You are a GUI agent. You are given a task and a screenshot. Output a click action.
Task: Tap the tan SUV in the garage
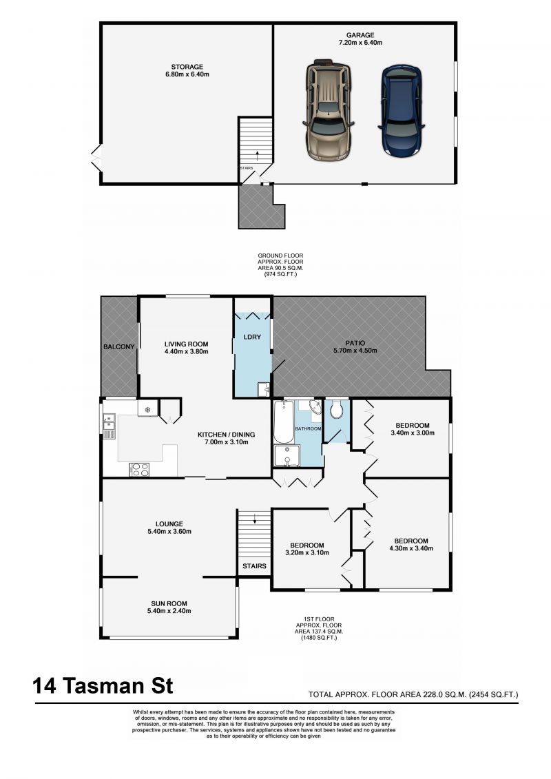(x=328, y=108)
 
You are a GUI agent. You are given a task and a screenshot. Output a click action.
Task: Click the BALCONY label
(x=118, y=346)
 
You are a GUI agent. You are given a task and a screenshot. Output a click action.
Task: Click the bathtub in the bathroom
(x=282, y=422)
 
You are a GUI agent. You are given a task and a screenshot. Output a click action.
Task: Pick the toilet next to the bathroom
(x=337, y=411)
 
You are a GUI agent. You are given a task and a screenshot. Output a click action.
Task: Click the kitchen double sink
(x=109, y=426)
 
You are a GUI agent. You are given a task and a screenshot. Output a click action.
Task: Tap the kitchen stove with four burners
(x=140, y=469)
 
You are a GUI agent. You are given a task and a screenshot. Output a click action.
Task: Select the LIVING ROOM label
(x=186, y=343)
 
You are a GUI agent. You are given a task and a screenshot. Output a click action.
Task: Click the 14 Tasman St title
(x=103, y=686)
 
